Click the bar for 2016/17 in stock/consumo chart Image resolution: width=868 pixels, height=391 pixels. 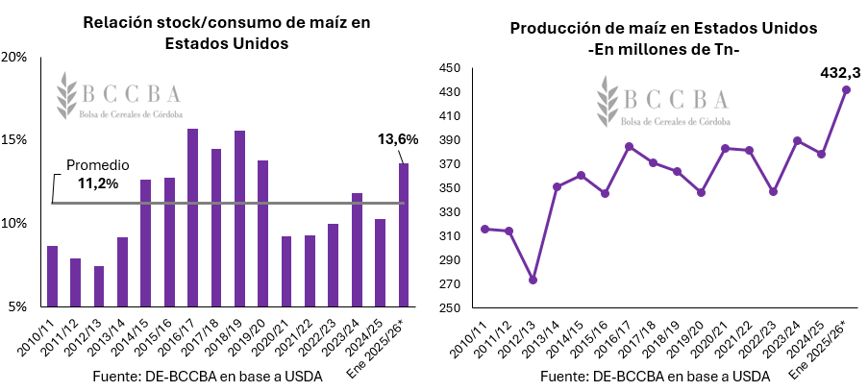point(192,218)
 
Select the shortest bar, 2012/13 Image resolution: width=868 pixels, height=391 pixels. point(99,286)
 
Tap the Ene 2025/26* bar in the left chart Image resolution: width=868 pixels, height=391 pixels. point(404,235)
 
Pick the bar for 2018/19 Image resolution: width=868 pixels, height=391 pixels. point(239,219)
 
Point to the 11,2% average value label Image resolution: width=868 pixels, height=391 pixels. point(97,183)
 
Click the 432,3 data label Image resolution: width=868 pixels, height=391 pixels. point(840,72)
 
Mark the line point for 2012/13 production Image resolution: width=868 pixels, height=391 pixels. point(533,280)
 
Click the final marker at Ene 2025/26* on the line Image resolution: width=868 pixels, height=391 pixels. point(846,90)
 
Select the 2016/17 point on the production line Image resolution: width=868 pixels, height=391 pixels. point(629,147)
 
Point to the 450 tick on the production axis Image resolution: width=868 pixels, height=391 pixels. point(449,68)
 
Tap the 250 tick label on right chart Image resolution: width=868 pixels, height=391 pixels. point(449,307)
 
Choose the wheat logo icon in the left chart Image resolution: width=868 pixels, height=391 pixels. point(66,93)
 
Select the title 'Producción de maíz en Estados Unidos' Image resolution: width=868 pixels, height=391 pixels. point(662,29)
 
